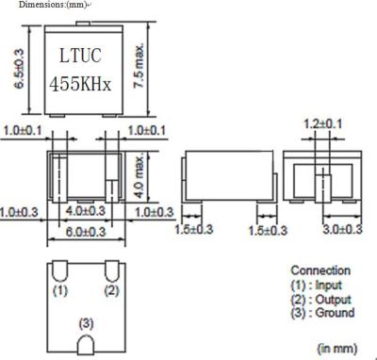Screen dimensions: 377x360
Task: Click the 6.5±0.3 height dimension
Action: [x=20, y=69]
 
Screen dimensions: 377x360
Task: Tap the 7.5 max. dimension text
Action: [x=139, y=65]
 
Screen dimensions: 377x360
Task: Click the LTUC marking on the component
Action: [x=80, y=56]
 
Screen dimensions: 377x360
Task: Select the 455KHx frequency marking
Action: [x=80, y=84]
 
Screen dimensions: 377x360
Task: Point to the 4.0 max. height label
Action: [x=139, y=176]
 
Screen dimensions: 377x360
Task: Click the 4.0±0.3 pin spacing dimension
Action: [x=86, y=211]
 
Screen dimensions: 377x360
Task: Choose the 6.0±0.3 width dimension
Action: [x=86, y=232]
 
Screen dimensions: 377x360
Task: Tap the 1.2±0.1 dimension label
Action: [x=322, y=124]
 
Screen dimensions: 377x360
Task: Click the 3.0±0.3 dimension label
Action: [x=343, y=229]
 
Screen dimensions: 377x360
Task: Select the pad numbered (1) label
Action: [x=60, y=290]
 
